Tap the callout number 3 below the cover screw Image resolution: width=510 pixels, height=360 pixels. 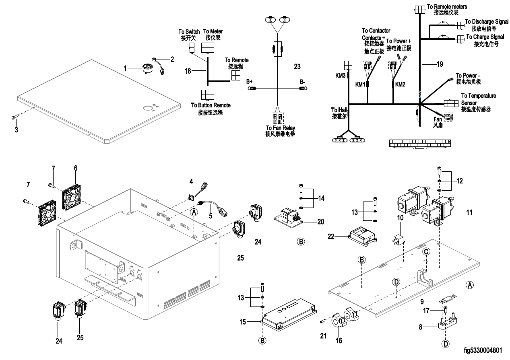coord(17,130)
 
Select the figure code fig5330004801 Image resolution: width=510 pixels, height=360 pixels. coord(483,350)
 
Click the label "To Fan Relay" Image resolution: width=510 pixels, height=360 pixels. coord(280,128)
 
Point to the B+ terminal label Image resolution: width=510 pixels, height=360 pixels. coord(249,82)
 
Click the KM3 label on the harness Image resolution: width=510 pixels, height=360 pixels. coord(341,76)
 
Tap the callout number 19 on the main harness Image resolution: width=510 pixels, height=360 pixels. coord(440,64)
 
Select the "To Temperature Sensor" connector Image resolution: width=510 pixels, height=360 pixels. coord(451,103)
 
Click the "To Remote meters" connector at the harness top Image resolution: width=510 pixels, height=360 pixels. coord(419,10)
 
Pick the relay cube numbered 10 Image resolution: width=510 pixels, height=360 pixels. coord(398,239)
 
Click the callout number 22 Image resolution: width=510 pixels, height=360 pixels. coord(331,237)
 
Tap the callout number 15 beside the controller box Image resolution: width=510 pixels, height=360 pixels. coord(243,322)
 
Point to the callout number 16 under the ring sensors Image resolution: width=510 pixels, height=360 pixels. coord(339,340)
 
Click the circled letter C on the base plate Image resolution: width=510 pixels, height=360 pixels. coord(426,252)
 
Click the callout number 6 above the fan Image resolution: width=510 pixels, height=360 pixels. coord(76,168)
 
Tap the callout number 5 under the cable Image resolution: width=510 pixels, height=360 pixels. coord(211,216)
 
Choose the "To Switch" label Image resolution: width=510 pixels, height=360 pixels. coord(189,32)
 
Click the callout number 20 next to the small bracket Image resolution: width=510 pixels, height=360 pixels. coord(321,222)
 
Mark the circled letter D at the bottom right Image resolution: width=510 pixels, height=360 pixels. coord(446,344)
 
